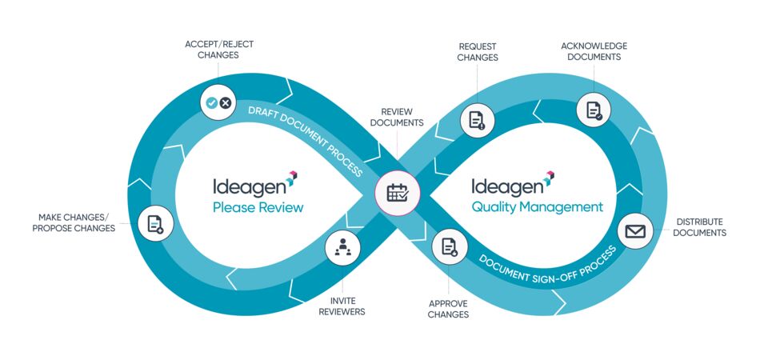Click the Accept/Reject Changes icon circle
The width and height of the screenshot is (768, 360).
[x=218, y=102]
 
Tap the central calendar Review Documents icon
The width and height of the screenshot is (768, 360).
[x=398, y=193]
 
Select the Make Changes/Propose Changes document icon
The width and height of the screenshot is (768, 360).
[x=155, y=223]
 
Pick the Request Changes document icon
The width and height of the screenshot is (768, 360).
[x=478, y=121]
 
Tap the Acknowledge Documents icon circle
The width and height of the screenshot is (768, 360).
[x=594, y=110]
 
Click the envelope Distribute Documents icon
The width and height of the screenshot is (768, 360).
[x=636, y=231]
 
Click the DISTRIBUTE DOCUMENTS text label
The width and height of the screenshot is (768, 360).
[x=699, y=227]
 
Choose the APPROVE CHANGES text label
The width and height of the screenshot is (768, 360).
[x=449, y=309]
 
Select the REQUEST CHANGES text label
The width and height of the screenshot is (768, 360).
[x=478, y=52]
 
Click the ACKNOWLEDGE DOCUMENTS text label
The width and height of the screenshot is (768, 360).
[x=594, y=51]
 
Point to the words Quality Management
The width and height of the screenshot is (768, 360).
[x=537, y=207]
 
